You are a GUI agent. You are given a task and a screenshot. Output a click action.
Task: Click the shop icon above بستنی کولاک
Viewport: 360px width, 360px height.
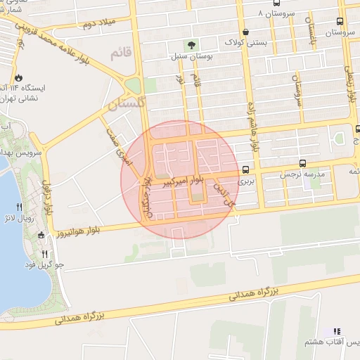pyautogui.click(x=245, y=32)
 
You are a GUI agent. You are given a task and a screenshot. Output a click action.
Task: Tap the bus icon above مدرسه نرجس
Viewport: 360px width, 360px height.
pyautogui.click(x=302, y=163)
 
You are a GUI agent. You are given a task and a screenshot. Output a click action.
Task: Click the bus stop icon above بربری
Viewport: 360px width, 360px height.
pyautogui.click(x=245, y=169)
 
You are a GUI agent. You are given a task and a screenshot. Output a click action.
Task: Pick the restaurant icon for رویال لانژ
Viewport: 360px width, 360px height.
pyautogui.click(x=19, y=207)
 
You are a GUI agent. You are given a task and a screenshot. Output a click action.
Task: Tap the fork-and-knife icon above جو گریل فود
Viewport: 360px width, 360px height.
pyautogui.click(x=44, y=254)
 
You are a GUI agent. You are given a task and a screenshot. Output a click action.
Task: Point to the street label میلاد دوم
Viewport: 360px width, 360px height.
pyautogui.click(x=98, y=25)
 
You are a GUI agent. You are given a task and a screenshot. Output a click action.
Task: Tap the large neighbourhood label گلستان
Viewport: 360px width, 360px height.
pyautogui.click(x=126, y=105)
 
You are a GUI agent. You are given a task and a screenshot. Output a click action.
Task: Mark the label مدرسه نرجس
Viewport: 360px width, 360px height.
pyautogui.click(x=302, y=174)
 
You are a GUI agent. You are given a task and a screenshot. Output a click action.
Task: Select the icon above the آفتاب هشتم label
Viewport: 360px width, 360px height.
pyautogui.click(x=336, y=330)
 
